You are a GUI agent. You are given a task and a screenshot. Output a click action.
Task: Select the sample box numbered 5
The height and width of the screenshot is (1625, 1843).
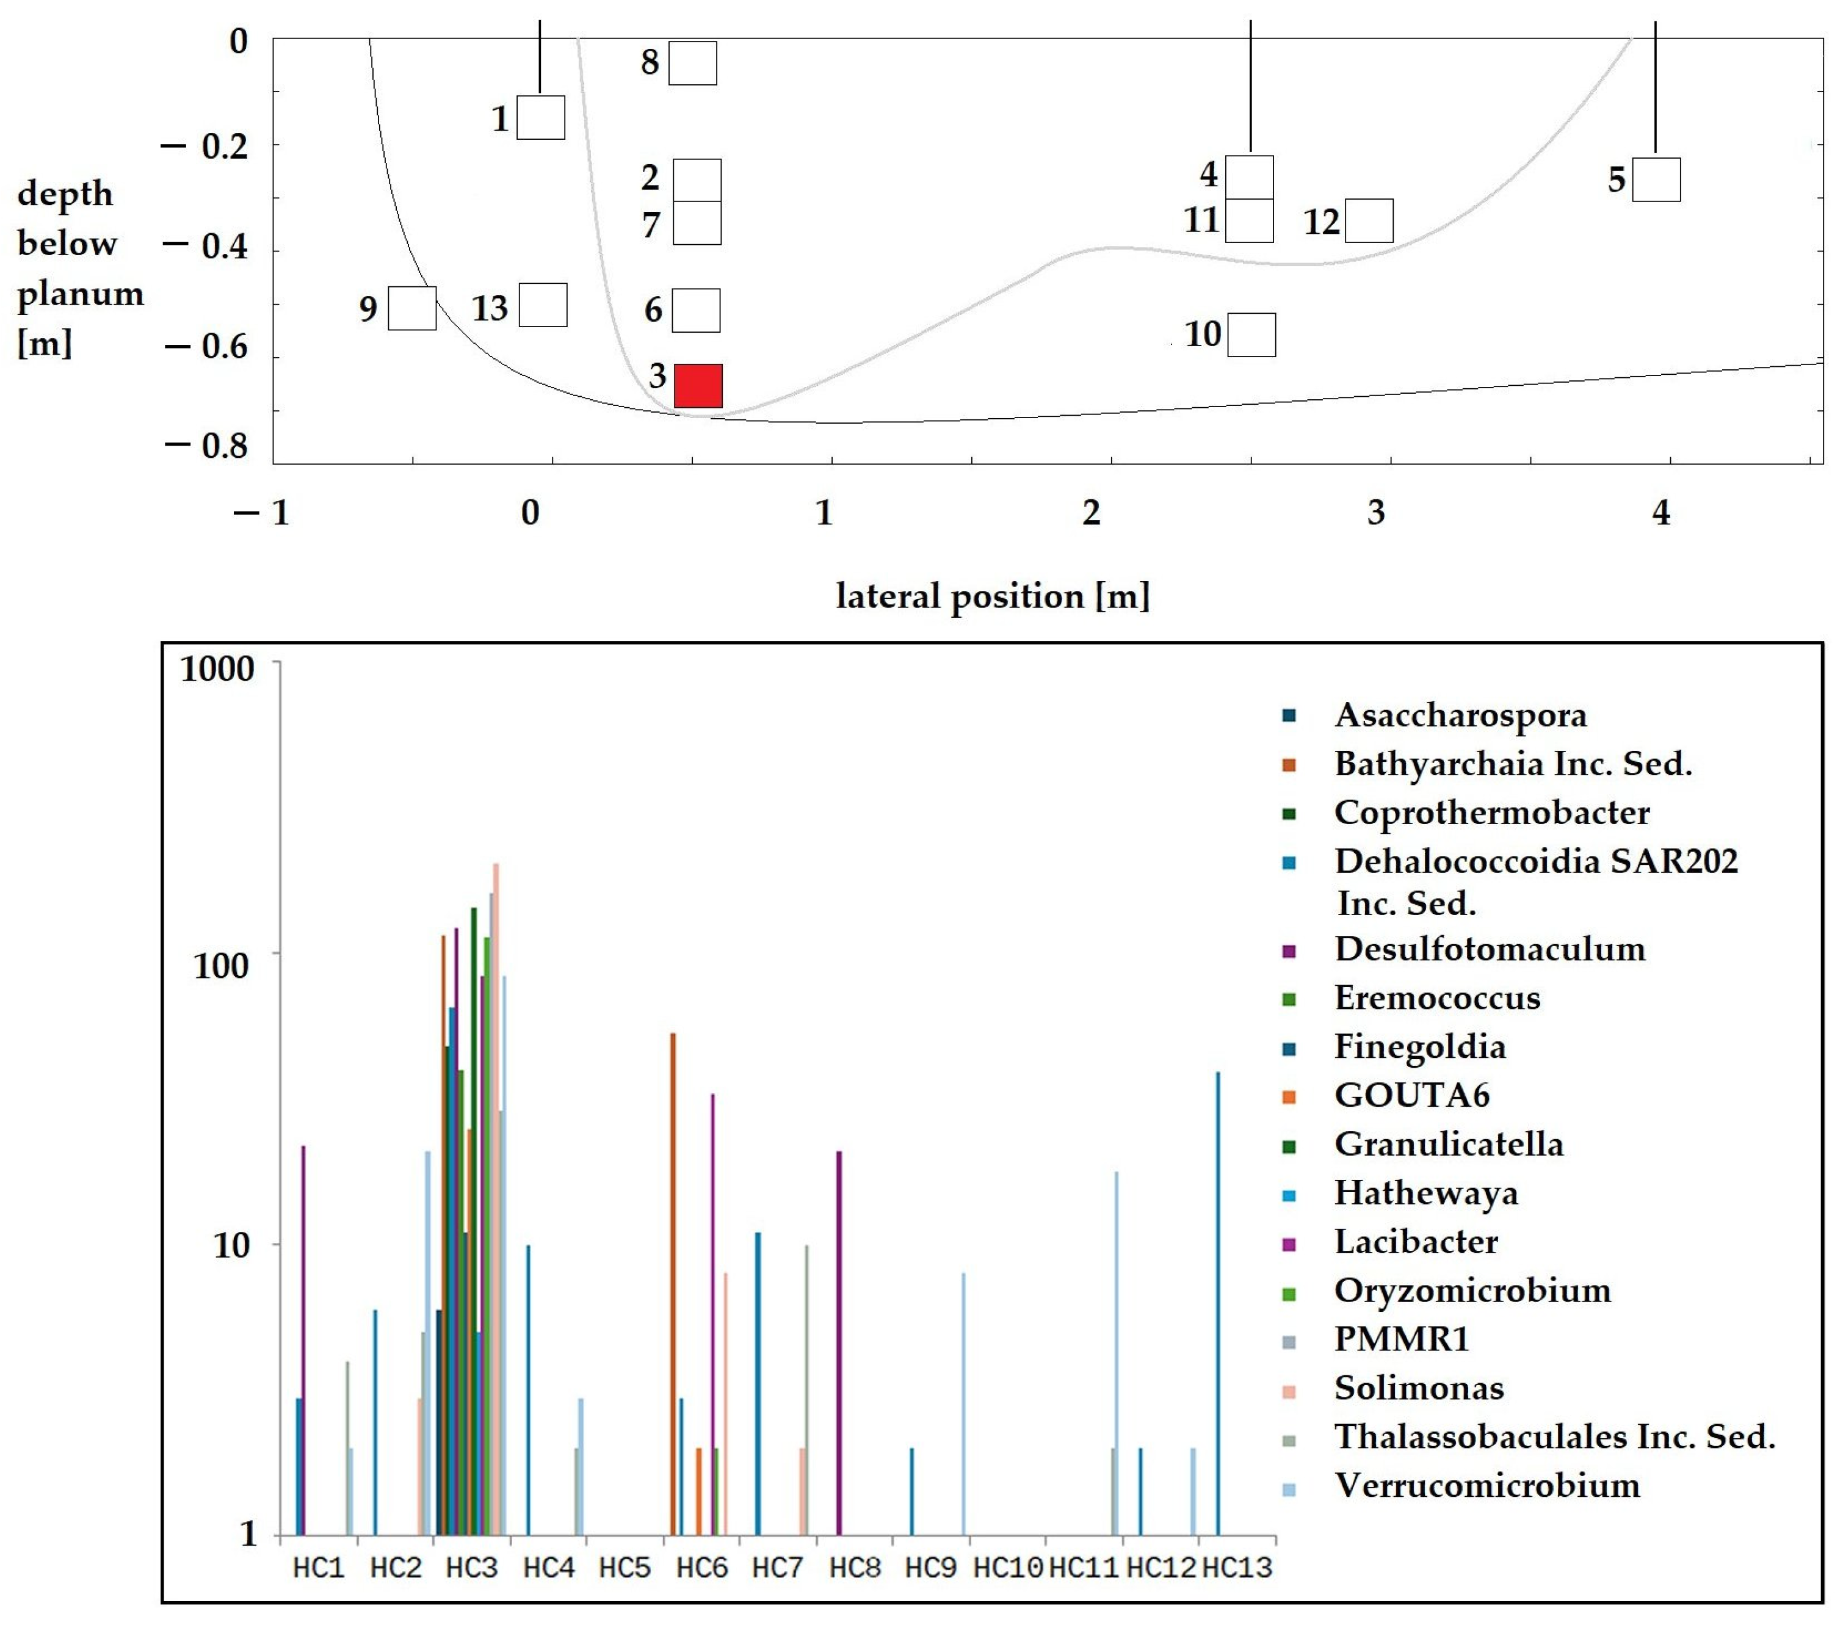1656,179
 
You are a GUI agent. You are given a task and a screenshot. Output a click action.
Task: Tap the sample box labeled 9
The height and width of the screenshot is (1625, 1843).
412,308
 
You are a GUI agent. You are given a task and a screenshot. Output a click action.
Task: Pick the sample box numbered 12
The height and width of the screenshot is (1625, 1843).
1369,221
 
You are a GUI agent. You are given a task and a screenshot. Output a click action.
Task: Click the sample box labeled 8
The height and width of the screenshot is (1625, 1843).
692,63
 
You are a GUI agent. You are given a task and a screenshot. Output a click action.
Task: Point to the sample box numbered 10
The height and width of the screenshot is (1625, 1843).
1251,335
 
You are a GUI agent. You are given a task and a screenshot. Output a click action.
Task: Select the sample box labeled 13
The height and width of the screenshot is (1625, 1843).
543,305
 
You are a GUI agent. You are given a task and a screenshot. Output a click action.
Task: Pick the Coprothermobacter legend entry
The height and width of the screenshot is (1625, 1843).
1492,812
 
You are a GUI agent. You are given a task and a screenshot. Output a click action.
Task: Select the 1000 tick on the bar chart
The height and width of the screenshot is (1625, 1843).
217,669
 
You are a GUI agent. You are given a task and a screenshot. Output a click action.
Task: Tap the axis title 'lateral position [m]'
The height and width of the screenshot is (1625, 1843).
993,596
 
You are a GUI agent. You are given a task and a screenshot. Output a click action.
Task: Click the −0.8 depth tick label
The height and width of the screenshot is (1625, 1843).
206,446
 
